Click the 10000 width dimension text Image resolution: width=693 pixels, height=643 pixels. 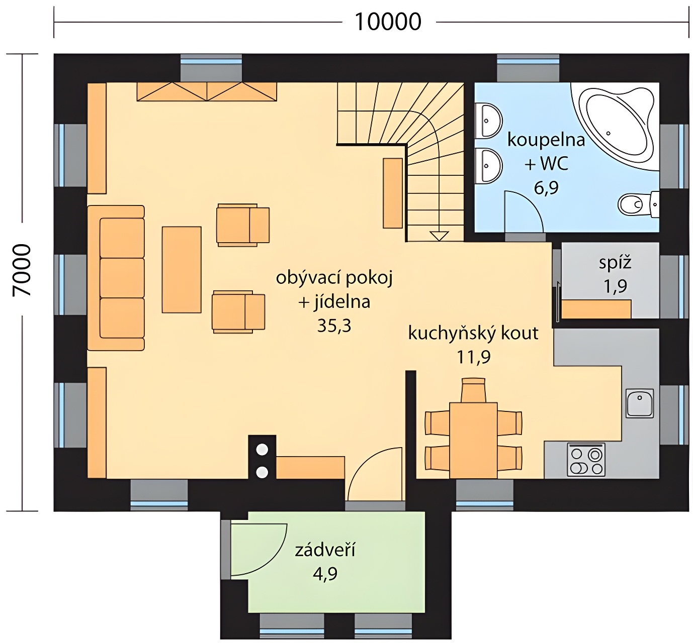(388, 22)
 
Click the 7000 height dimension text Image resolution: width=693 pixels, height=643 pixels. (22, 270)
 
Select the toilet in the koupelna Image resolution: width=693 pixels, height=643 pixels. (638, 204)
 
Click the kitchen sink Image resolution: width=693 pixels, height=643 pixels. (640, 403)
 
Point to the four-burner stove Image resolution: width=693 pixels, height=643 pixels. (586, 460)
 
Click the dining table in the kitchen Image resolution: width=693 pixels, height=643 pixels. (473, 441)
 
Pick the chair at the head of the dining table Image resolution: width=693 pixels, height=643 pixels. (473, 390)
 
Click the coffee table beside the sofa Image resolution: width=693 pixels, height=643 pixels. (182, 270)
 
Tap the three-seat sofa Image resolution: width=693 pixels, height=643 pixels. (116, 278)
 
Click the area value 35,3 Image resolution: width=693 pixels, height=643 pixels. (334, 326)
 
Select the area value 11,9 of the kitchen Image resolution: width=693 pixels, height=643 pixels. (474, 357)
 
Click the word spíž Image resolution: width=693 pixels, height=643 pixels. (615, 263)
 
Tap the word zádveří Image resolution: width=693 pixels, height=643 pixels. (325, 550)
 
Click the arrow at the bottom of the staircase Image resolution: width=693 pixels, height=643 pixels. (440, 236)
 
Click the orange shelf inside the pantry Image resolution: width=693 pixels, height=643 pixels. (596, 309)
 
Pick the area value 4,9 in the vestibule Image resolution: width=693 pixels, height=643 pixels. (325, 574)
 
